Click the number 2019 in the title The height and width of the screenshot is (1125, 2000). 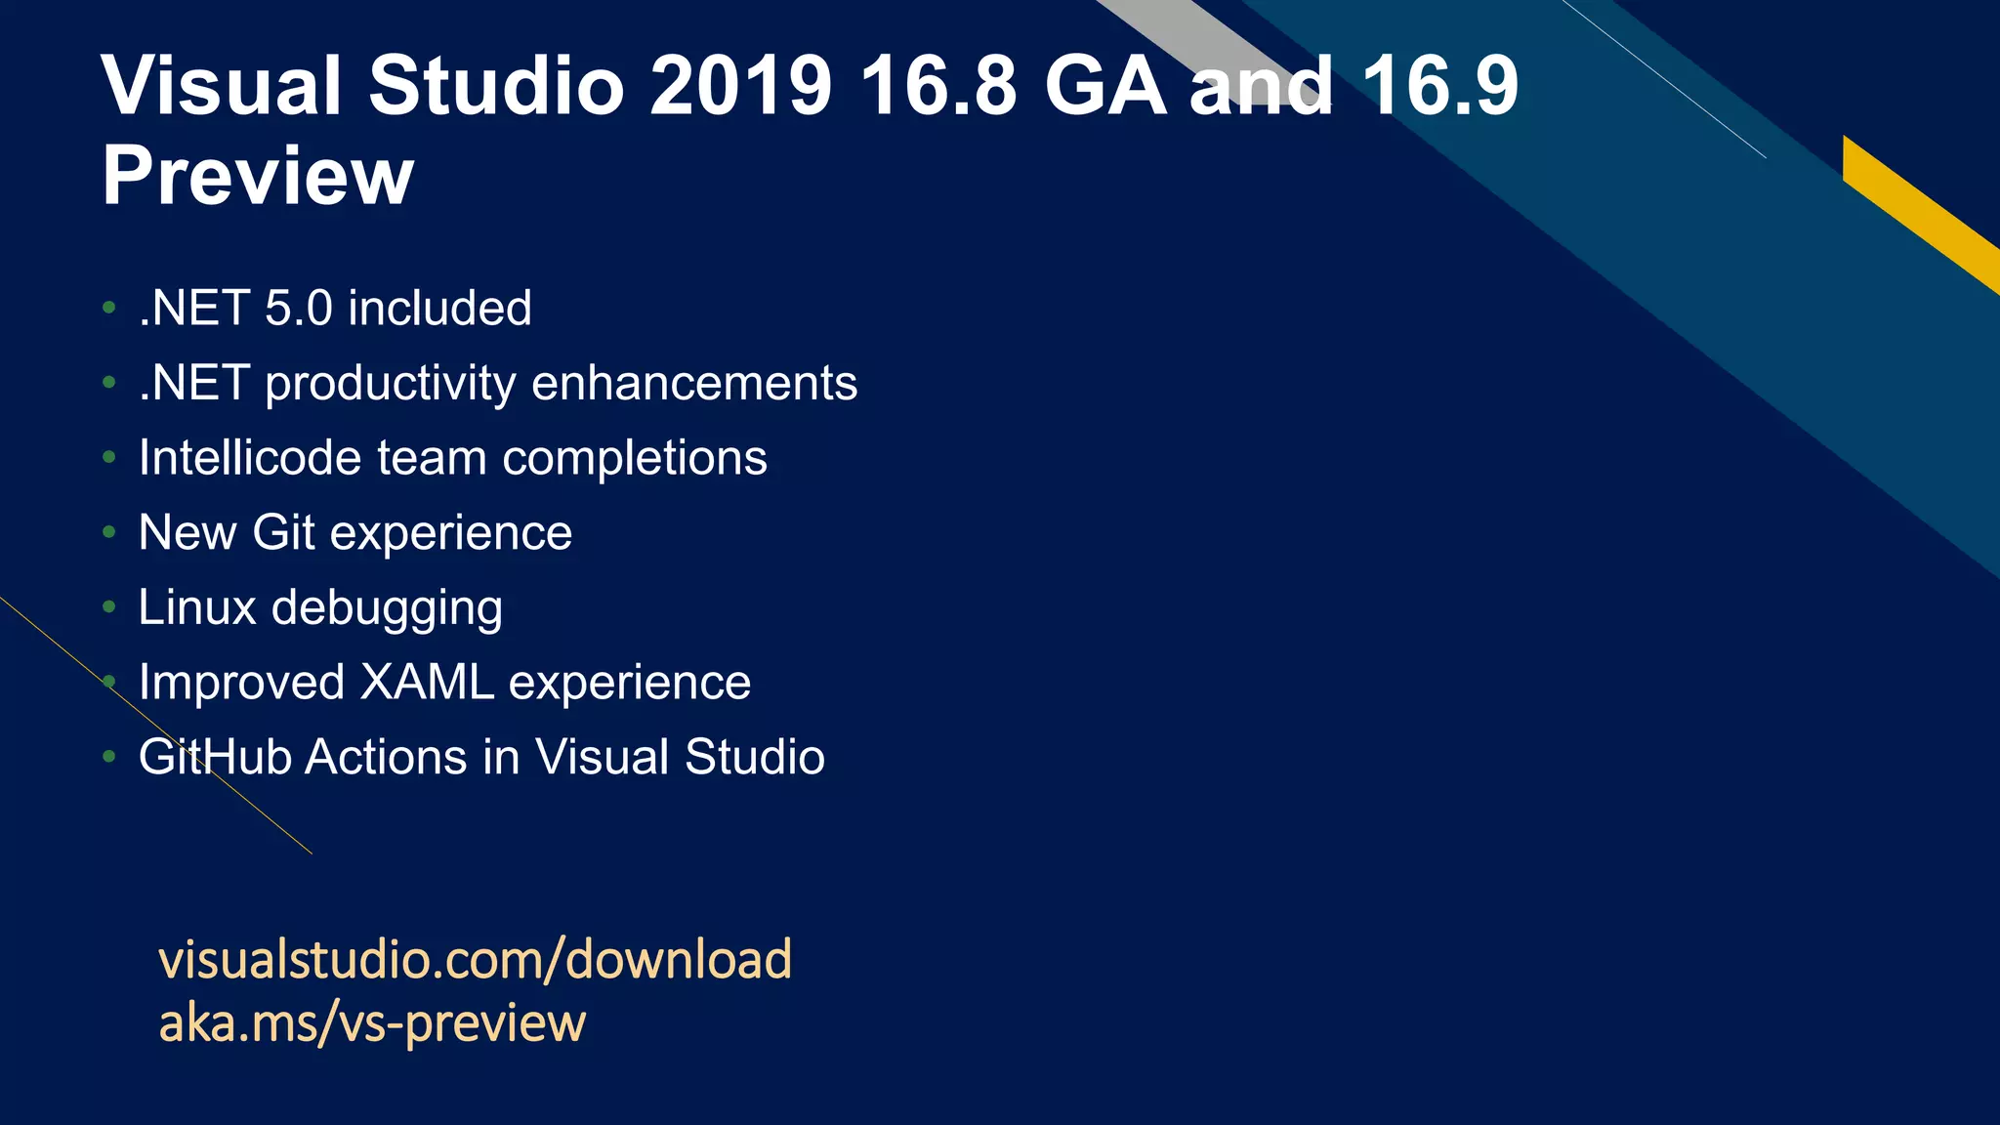coord(740,86)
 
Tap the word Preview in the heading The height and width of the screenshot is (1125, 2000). coord(258,176)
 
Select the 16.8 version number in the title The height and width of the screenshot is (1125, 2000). coord(938,86)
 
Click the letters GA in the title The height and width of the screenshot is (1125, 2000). coord(1104,86)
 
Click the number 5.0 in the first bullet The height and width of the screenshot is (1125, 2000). coord(299,309)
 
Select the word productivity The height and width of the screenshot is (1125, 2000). coord(390,384)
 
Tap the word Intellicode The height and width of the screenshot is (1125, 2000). coord(250,458)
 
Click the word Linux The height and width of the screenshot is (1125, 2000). coord(197,607)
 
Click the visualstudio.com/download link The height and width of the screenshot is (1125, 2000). coord(475,959)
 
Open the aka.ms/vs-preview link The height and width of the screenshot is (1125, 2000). coord(372,1023)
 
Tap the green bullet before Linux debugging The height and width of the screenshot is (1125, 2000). coord(109,607)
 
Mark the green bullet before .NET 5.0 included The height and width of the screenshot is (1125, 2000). coord(109,309)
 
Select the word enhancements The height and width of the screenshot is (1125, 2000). coord(694,383)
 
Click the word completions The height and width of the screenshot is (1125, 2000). coord(635,458)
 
